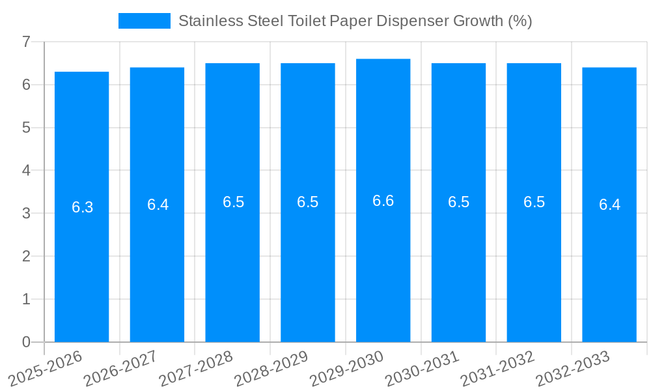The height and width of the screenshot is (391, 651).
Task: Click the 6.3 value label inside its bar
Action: pyautogui.click(x=82, y=207)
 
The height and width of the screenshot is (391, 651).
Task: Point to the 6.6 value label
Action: pyautogui.click(x=383, y=201)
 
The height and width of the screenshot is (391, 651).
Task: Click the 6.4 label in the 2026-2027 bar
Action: pyautogui.click(x=158, y=205)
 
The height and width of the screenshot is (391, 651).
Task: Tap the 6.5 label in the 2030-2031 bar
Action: pyautogui.click(x=458, y=202)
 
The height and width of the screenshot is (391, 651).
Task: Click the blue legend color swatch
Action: pyautogui.click(x=144, y=21)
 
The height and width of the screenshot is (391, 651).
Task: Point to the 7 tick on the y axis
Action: pyautogui.click(x=26, y=42)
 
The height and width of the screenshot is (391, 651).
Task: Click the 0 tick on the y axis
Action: pyautogui.click(x=26, y=342)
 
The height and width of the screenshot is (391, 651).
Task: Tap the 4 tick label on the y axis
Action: pyautogui.click(x=26, y=171)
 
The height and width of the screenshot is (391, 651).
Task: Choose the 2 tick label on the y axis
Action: pyautogui.click(x=26, y=256)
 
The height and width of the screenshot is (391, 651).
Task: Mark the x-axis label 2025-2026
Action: pyautogui.click(x=46, y=368)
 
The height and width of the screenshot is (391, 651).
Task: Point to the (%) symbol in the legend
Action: pyautogui.click(x=520, y=21)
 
